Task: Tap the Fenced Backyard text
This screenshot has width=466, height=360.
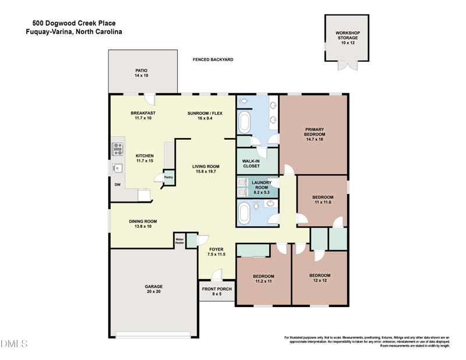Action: pos(213,59)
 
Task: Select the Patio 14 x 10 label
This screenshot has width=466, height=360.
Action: pos(142,73)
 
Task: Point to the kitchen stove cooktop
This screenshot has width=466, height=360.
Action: pos(118,149)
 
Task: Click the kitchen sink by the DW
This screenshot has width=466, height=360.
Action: pos(117,168)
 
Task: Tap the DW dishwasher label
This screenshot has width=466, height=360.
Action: pos(117,185)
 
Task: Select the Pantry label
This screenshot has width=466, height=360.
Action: pos(168,177)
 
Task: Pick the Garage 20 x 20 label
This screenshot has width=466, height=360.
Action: pos(154,289)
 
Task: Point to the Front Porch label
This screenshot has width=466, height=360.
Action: pos(217,291)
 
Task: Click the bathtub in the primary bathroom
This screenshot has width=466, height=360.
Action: pos(243,123)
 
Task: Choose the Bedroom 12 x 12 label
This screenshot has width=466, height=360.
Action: pos(320,278)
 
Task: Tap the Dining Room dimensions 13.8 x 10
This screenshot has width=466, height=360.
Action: pos(143,226)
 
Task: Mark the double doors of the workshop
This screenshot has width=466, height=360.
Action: pos(347,65)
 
